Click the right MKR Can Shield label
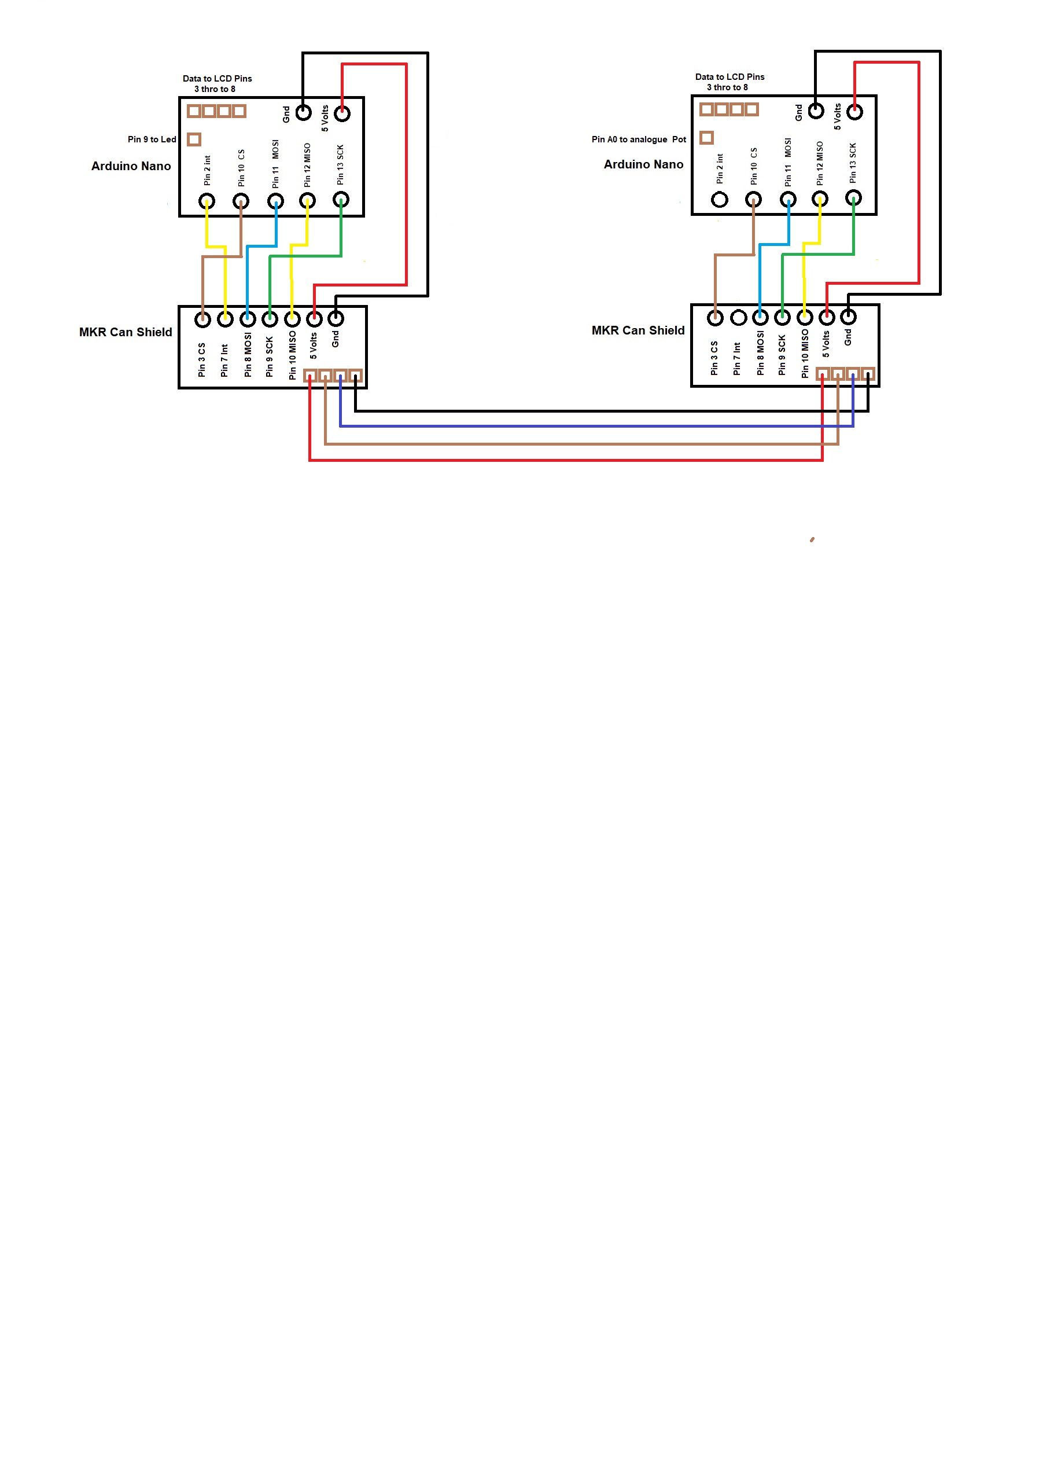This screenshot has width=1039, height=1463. [x=638, y=330]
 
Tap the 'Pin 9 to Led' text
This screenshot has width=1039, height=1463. [x=152, y=139]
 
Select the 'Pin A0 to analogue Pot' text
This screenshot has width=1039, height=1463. [x=639, y=139]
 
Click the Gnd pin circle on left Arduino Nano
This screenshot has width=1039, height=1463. [x=303, y=113]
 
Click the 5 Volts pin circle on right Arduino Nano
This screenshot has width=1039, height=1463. [x=854, y=112]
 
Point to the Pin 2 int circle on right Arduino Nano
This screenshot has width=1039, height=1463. [x=720, y=200]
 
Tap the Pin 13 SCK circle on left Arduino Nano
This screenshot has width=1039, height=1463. [x=341, y=200]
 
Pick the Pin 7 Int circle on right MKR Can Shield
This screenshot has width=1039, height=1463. [x=738, y=317]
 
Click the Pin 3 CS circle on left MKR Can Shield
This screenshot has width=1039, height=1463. [x=203, y=319]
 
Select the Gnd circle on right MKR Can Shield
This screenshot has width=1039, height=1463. [x=848, y=316]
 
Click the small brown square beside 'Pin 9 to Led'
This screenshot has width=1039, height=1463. [x=194, y=139]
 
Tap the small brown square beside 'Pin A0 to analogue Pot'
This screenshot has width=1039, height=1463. [x=706, y=138]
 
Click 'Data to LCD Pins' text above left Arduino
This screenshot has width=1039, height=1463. [x=218, y=79]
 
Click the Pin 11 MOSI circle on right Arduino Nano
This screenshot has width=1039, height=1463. [x=788, y=200]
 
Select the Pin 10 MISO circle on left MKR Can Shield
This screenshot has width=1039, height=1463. [x=292, y=318]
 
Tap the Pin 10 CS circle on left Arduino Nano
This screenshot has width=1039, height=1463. [x=241, y=201]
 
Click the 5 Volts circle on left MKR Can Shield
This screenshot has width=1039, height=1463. [x=314, y=318]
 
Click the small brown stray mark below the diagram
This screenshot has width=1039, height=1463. [x=812, y=539]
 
